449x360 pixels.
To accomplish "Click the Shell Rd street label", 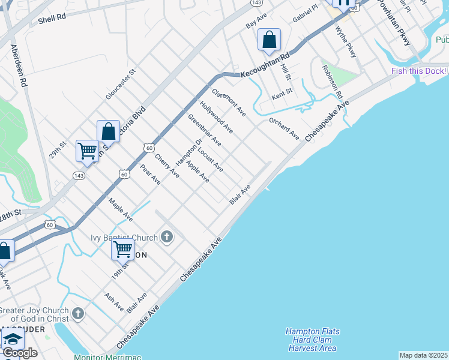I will coord(52,20).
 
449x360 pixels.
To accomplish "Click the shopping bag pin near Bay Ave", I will coord(270,40).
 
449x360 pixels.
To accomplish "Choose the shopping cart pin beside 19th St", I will coord(122,248).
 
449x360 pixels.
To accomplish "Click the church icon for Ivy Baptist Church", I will coord(167,238).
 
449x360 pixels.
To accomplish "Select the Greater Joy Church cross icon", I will coord(77,314).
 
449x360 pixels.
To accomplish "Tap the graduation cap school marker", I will coord(12,338).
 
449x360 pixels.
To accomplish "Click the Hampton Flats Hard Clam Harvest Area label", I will coord(312,340).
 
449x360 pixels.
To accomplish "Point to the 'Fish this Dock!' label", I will coord(419,71).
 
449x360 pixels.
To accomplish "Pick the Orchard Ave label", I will coord(284,129).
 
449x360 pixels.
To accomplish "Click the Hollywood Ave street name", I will coord(217,117).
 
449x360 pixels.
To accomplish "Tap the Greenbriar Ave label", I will coord(205,130).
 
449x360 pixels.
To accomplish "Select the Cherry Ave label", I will coord(167,165).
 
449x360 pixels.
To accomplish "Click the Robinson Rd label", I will coord(331,82).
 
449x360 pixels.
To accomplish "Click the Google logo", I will coord(20,353).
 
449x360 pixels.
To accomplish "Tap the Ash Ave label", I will coord(114,302).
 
